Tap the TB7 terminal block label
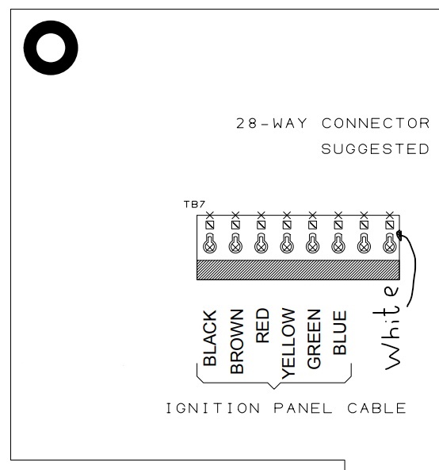(194, 204)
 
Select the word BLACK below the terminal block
(210, 338)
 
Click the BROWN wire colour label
(237, 341)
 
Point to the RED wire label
(262, 326)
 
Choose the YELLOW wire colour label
(288, 344)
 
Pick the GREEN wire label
(314, 339)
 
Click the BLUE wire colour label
(340, 333)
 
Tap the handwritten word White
(387, 328)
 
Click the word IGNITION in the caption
(213, 408)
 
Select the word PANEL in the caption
(303, 408)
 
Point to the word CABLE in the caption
(376, 408)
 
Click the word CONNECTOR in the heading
(376, 123)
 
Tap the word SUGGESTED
(376, 149)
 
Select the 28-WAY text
(272, 123)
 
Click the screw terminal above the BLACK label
(210, 244)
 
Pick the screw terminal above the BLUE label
(338, 244)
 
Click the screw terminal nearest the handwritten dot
(390, 244)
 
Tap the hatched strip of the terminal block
(298, 270)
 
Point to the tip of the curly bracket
(274, 389)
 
